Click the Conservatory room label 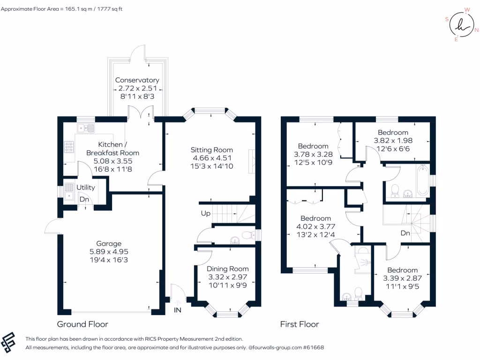tap(137, 80)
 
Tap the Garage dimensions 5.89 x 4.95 tap(109, 252)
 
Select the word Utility tap(85, 187)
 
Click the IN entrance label tap(178, 310)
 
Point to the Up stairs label tap(205, 214)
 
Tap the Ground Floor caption tap(82, 324)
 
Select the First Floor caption tap(300, 324)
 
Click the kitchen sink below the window tap(86, 127)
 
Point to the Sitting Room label tap(211, 150)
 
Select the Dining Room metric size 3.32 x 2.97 tap(227, 277)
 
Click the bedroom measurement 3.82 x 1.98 tap(393, 141)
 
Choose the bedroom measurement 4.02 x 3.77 tap(315, 226)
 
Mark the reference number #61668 tap(313, 348)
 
